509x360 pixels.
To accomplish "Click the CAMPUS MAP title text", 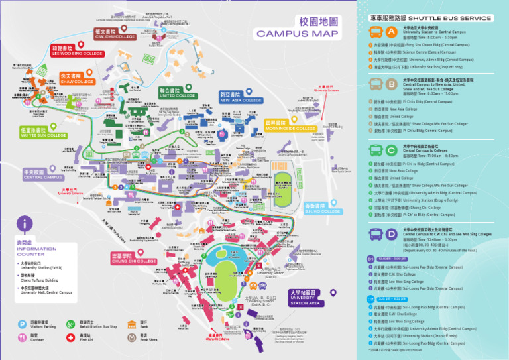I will coord(297,34).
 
